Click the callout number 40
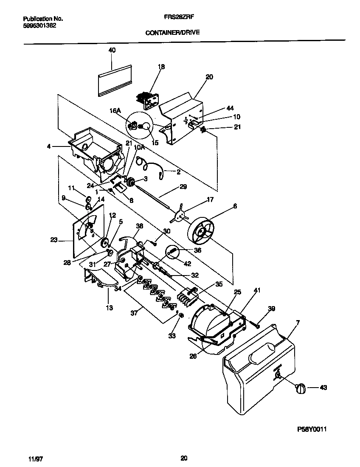(x=112, y=50)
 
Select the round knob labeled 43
(x=301, y=388)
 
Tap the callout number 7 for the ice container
(x=297, y=324)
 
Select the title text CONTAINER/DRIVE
(x=172, y=32)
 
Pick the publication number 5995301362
(x=39, y=25)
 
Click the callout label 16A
(x=115, y=111)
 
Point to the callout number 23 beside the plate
(x=53, y=240)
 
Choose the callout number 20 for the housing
(x=209, y=77)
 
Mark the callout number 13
(x=110, y=308)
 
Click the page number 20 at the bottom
(x=183, y=458)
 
